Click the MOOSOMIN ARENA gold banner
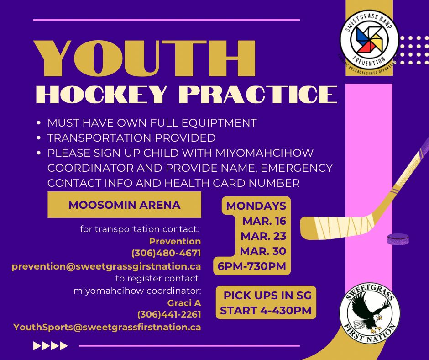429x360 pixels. pos(124,205)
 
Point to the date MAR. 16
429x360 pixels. pos(264,221)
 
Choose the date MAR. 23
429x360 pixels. pos(264,236)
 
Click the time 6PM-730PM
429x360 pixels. pos(252,266)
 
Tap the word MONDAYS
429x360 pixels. pos(256,206)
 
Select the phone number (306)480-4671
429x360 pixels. pos(166,253)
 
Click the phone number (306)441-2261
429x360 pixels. pos(169,315)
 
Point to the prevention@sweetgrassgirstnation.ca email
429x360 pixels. pos(106,266)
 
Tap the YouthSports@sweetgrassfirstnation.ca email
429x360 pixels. pos(107,327)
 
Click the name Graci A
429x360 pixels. pos(184,302)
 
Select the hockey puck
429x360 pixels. pos(398,238)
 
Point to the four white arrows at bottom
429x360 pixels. pos(51,346)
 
